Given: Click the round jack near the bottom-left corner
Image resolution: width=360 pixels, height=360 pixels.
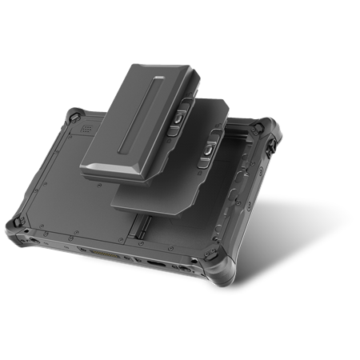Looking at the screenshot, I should coord(34,238).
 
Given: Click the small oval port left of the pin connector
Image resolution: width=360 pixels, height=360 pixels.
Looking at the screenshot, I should coord(82,249).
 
